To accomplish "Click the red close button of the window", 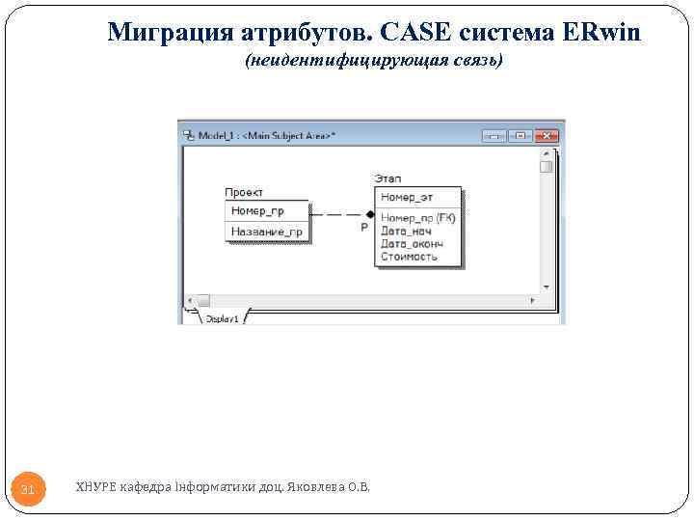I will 547,136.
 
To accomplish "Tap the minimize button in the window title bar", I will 495,136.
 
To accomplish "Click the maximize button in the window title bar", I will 520,136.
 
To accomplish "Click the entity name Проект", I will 244,193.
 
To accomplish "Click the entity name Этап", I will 387,178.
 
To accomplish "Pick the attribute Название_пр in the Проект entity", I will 266,232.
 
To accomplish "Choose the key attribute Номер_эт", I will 407,197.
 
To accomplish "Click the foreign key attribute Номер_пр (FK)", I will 417,218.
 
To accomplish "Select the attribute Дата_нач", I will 406,231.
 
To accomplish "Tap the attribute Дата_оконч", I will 412,243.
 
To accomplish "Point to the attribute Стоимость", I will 409,257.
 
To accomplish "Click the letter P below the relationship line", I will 363,227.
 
